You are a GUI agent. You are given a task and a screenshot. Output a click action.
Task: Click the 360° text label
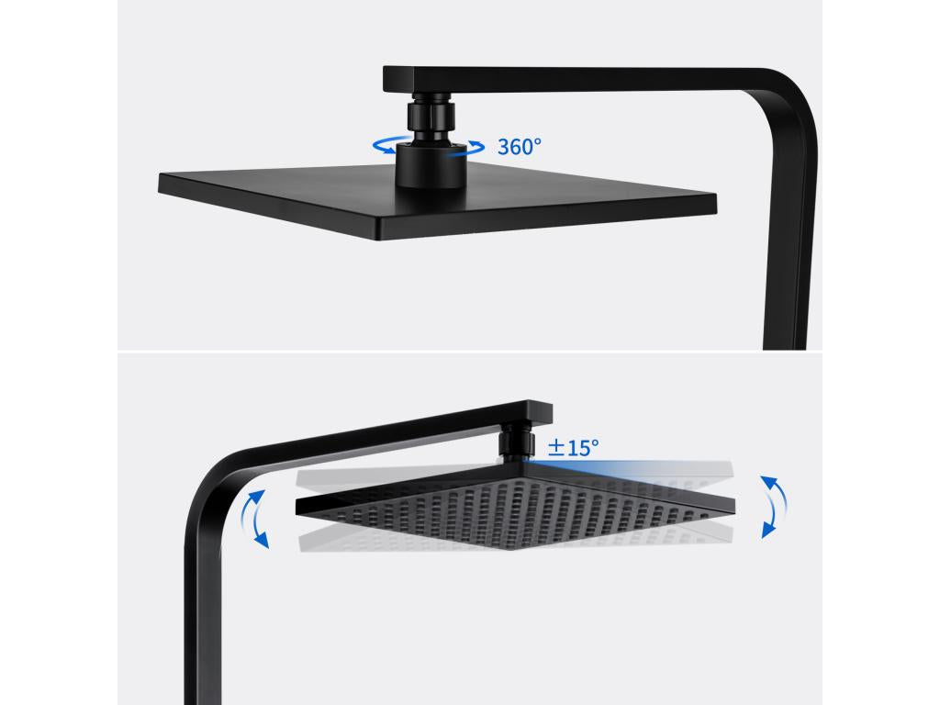coord(520,146)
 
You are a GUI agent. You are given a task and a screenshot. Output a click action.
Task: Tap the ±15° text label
coord(573,448)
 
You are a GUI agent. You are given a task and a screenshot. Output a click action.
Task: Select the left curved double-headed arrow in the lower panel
coord(256,519)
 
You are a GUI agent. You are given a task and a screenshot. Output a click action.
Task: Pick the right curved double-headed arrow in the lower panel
coord(773,506)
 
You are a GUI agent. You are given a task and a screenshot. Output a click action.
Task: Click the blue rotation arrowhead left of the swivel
coord(379,145)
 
